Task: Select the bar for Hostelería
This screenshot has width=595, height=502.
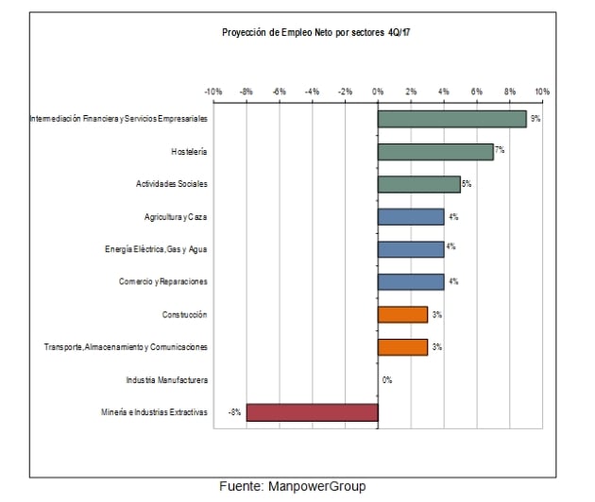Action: tap(435, 152)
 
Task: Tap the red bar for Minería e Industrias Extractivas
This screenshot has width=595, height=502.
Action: tap(312, 412)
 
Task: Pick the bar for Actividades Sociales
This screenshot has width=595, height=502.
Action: tap(418, 184)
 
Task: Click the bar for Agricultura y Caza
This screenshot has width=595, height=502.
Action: tap(411, 217)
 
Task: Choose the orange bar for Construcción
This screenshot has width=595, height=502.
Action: tap(402, 314)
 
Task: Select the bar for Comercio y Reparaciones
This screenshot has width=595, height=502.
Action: tap(411, 281)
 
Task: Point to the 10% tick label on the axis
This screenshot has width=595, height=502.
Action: tap(542, 92)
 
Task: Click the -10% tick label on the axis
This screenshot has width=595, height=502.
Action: tap(212, 92)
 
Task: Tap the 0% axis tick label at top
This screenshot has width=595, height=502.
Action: tap(378, 92)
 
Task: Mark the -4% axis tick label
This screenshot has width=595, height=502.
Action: tap(312, 92)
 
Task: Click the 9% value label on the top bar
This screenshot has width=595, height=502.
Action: tap(535, 119)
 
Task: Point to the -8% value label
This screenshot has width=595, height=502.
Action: tap(235, 412)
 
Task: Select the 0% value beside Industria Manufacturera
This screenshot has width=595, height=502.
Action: tap(387, 379)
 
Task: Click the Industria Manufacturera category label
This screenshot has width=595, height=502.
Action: tap(166, 379)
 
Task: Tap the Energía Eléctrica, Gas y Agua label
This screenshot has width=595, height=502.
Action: tap(156, 249)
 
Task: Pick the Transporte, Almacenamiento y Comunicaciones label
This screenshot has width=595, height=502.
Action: tap(126, 347)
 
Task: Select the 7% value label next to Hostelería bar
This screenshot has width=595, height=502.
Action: tap(500, 150)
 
